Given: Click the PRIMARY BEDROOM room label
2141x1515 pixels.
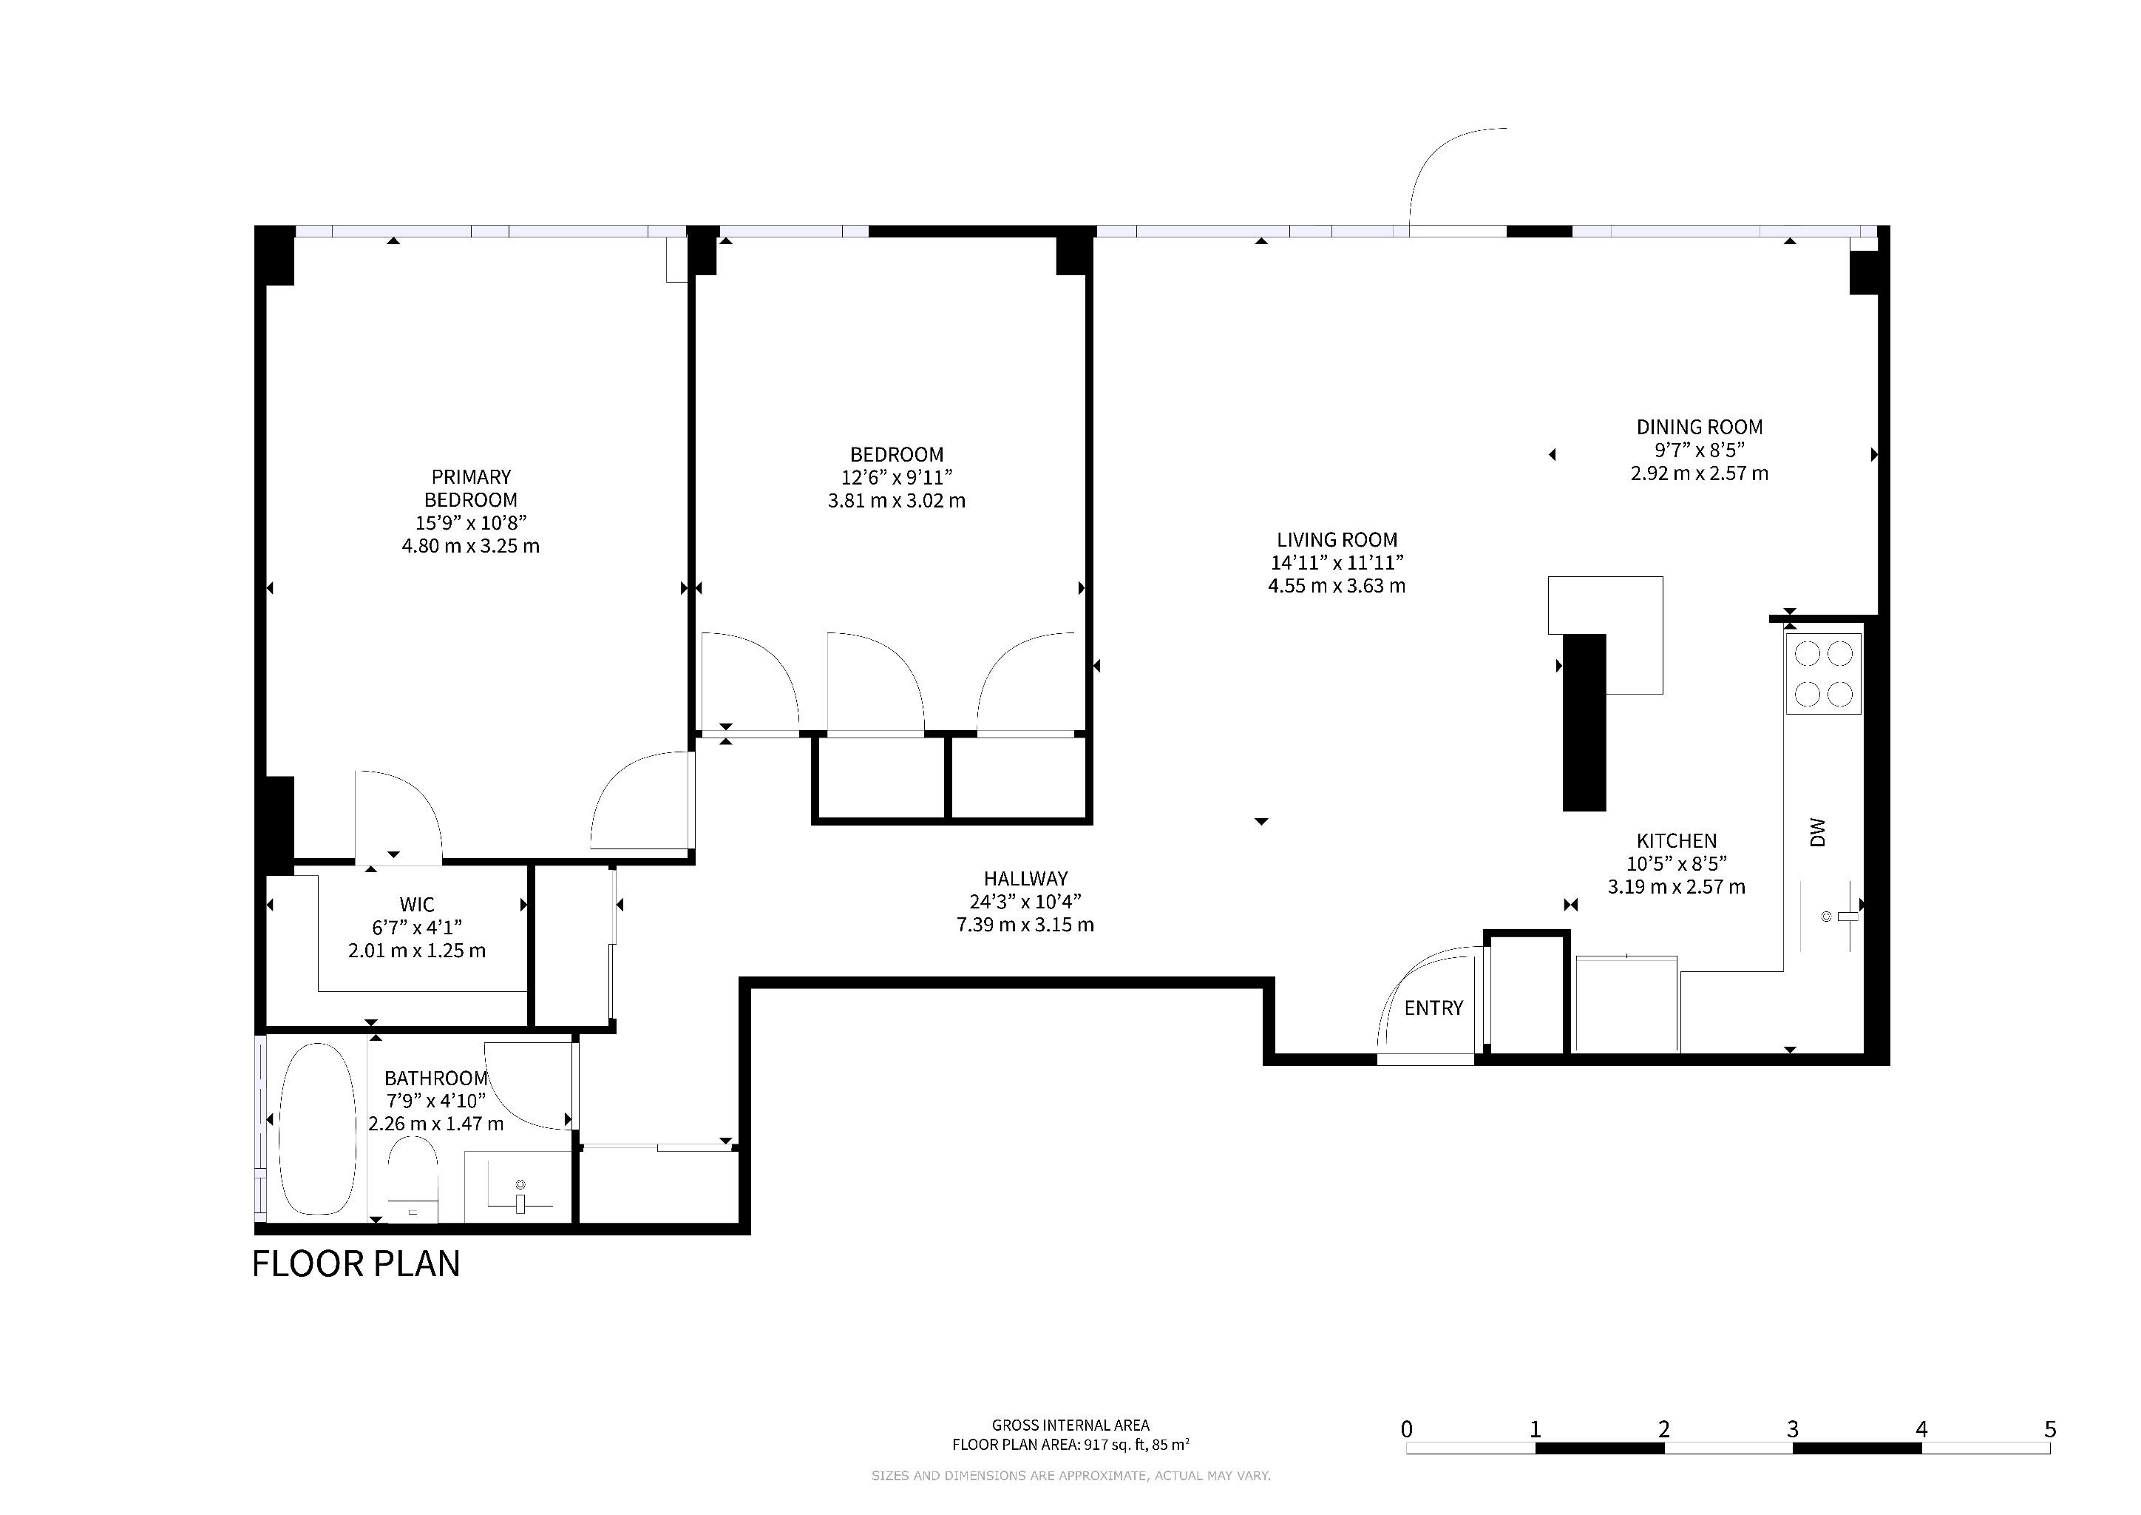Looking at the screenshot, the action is click(471, 488).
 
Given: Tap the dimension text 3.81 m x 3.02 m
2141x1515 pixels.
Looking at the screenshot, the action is click(897, 501).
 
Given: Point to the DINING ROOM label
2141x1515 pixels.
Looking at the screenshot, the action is click(1700, 428).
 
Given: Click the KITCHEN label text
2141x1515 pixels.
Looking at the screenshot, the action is click(1677, 841).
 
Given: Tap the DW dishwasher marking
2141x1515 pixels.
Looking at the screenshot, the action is click(1817, 832).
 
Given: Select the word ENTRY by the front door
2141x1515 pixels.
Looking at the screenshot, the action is click(1434, 1008).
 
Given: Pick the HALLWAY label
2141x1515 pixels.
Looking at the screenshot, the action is click(1025, 879).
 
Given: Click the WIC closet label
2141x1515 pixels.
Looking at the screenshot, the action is click(417, 905).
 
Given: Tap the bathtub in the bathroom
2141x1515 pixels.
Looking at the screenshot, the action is click(318, 1129).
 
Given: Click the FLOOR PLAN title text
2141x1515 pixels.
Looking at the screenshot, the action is click(356, 1264).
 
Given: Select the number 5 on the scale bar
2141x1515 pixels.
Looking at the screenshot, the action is click(2049, 1429).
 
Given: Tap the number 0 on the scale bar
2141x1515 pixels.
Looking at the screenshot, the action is click(1406, 1429).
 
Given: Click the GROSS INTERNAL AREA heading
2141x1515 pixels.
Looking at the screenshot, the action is click(1070, 1425).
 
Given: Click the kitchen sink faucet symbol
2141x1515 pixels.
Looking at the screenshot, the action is click(1846, 918).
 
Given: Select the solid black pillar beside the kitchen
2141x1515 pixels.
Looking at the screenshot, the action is click(1584, 722).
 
